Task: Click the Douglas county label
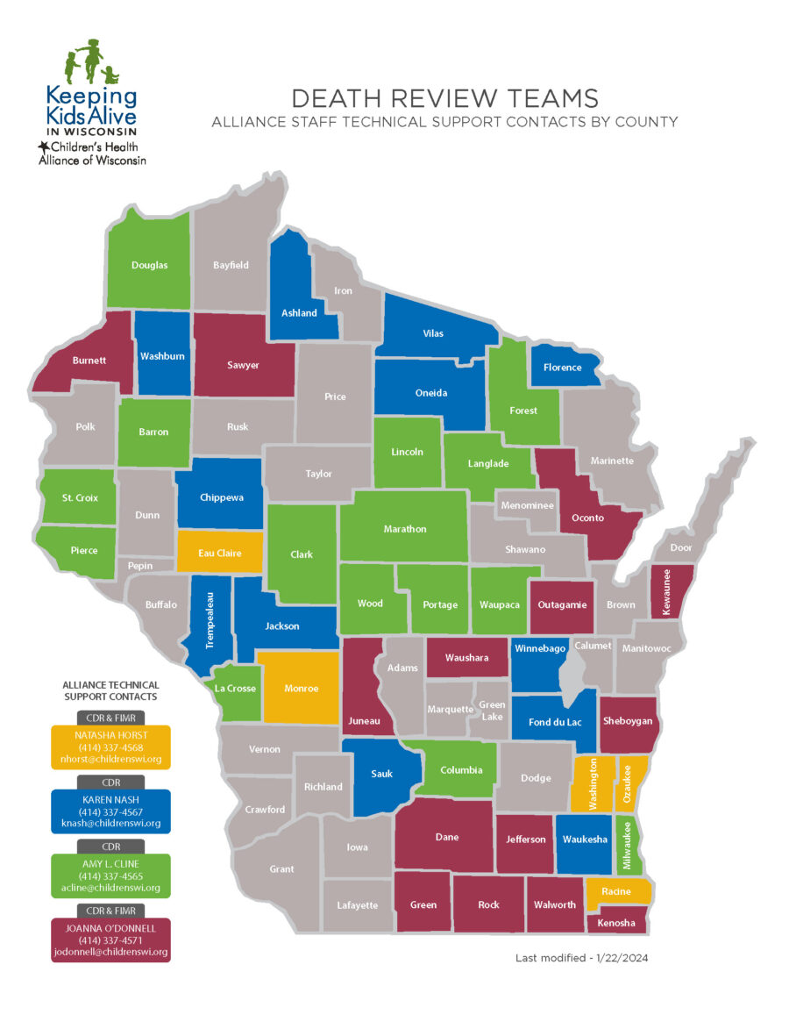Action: [x=149, y=265]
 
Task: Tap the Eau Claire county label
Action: [x=219, y=554]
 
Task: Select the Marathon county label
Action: [x=404, y=529]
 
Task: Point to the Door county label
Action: [x=680, y=547]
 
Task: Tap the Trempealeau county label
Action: [x=210, y=622]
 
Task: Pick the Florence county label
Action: [x=562, y=368]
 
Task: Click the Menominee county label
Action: [x=524, y=505]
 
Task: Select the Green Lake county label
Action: [x=491, y=709]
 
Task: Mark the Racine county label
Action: [x=616, y=891]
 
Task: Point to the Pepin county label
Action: [x=140, y=566]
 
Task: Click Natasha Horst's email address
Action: [x=110, y=759]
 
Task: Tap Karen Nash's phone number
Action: [x=110, y=811]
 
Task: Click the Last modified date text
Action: [x=581, y=958]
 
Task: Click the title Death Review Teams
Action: [x=444, y=97]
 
